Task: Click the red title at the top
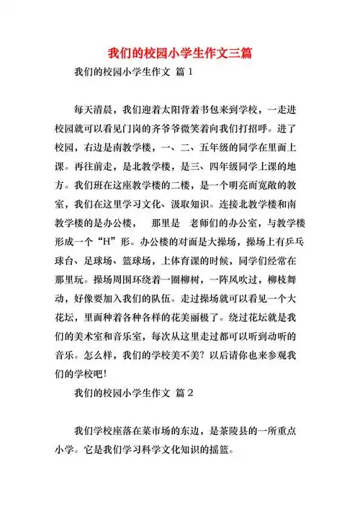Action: point(180,54)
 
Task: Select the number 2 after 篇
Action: point(190,394)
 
